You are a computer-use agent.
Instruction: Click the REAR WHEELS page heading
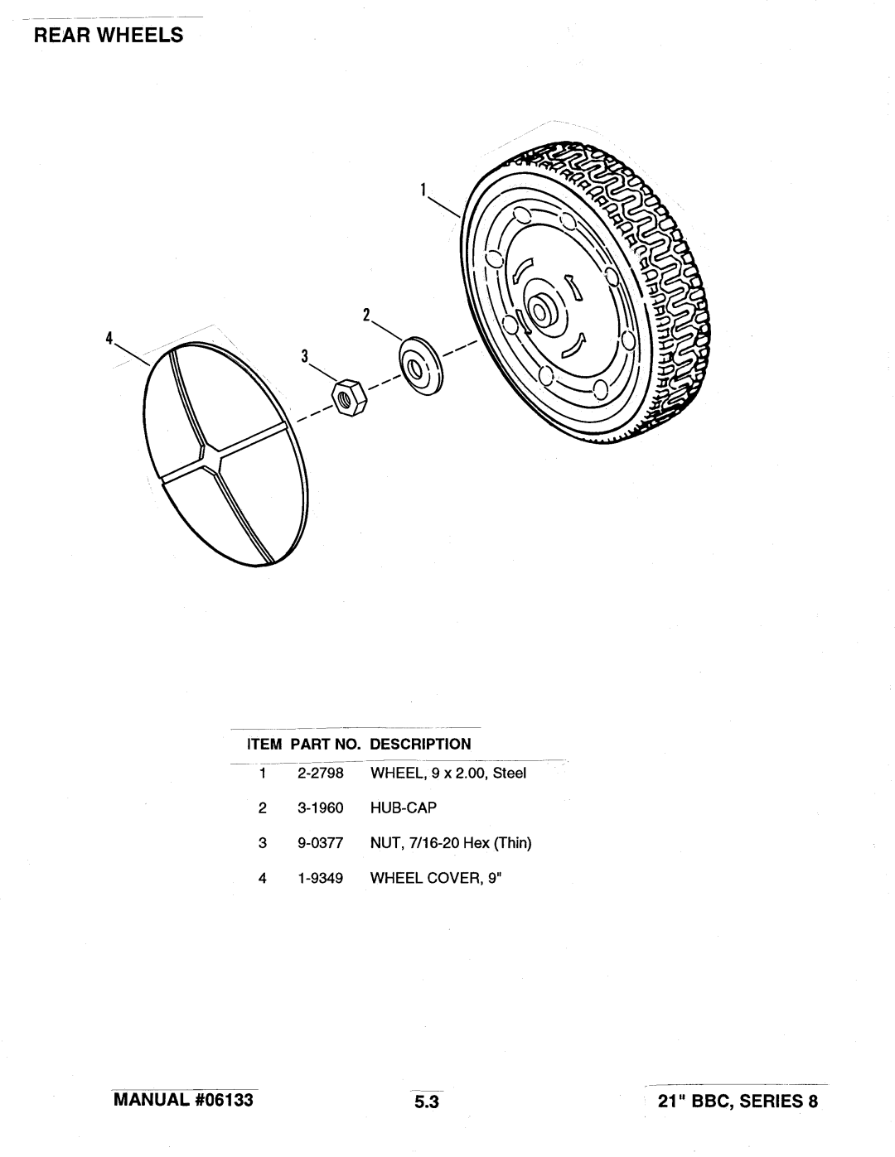(x=109, y=35)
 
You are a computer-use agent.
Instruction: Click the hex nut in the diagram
(x=349, y=398)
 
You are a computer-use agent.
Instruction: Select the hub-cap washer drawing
(x=421, y=365)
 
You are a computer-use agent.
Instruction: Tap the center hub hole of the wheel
(x=541, y=311)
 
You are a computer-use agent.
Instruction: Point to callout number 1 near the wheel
(x=423, y=190)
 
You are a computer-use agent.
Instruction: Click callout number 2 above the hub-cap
(x=366, y=316)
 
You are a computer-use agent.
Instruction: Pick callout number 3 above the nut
(x=305, y=356)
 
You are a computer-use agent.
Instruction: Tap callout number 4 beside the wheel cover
(x=109, y=338)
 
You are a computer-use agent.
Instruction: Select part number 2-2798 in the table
(x=320, y=773)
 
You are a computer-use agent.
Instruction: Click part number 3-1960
(x=320, y=807)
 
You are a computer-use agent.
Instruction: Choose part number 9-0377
(x=320, y=843)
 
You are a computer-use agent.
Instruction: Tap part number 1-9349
(x=320, y=878)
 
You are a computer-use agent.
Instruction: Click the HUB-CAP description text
(x=404, y=807)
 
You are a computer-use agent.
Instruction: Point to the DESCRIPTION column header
(x=420, y=744)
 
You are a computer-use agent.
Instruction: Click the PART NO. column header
(x=326, y=744)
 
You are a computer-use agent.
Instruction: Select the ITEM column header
(x=264, y=744)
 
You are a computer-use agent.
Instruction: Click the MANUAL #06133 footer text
(x=183, y=1100)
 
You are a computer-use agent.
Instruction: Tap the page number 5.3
(x=427, y=1101)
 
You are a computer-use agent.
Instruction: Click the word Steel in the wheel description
(x=510, y=773)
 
